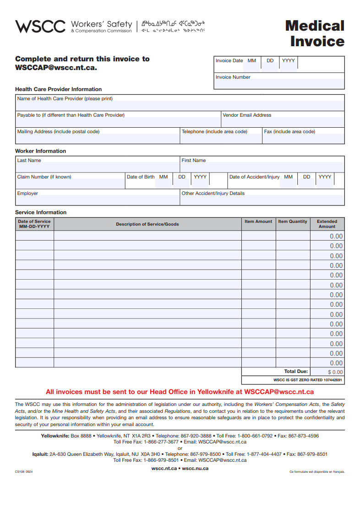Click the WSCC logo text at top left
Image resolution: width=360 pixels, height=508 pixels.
(x=40, y=26)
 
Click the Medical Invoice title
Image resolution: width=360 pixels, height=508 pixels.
(x=315, y=33)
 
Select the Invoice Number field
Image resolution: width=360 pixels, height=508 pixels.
(x=279, y=84)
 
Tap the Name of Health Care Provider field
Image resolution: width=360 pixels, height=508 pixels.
(x=180, y=106)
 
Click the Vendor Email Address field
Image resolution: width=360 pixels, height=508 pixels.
(x=282, y=122)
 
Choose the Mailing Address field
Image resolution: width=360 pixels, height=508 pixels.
(x=97, y=138)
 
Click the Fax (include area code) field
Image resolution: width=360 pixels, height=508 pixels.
(x=303, y=138)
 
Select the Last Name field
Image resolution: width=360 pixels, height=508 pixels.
(x=97, y=167)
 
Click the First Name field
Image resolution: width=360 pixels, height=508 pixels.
(x=262, y=167)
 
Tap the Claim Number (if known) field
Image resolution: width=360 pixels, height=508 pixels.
(x=70, y=184)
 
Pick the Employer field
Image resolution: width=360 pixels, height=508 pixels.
(x=97, y=200)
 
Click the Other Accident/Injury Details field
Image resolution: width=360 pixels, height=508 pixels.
(x=262, y=200)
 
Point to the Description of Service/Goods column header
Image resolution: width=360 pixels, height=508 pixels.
(x=147, y=224)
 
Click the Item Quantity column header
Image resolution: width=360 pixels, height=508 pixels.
(x=293, y=222)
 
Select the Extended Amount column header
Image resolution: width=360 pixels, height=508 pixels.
(x=327, y=224)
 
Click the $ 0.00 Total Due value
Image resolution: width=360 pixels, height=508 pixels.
(x=335, y=372)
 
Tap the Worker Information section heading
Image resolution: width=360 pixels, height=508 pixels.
(x=40, y=151)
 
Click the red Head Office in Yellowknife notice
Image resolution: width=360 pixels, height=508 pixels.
(x=180, y=392)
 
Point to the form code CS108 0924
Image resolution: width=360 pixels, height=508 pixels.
(x=24, y=471)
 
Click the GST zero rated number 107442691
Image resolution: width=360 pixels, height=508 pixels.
(x=333, y=380)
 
